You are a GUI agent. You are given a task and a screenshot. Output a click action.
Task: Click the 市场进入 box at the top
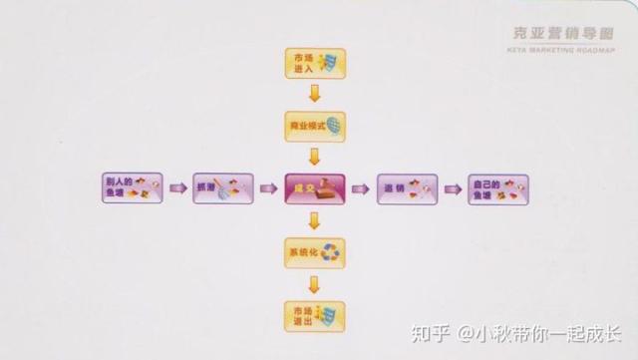point(314,64)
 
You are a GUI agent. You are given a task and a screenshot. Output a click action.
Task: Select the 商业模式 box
point(314,127)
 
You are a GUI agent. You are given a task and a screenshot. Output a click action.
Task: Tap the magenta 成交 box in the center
point(314,188)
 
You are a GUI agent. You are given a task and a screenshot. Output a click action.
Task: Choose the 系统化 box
point(314,252)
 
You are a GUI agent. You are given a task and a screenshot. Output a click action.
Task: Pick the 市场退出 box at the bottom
point(314,316)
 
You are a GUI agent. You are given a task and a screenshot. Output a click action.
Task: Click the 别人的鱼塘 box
point(131,188)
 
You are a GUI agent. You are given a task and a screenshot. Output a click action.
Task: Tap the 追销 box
point(407,188)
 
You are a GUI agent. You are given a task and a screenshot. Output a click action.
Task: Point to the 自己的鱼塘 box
point(498,188)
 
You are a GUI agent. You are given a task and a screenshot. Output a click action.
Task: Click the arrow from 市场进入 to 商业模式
point(314,95)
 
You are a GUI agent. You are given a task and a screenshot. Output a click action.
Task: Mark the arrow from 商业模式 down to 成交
point(314,157)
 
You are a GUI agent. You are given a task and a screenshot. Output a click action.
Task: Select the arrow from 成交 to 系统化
point(314,220)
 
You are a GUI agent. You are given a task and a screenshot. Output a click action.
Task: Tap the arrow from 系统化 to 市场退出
point(314,284)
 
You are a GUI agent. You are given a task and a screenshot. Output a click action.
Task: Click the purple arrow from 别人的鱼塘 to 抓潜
point(177,188)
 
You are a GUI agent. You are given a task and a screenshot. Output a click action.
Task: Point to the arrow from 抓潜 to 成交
point(268,188)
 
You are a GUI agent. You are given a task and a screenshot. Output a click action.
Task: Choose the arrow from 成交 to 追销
point(360,188)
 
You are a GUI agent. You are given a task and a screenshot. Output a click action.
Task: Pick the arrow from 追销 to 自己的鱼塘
point(453,188)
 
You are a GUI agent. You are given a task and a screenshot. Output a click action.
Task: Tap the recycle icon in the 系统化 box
point(330,253)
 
